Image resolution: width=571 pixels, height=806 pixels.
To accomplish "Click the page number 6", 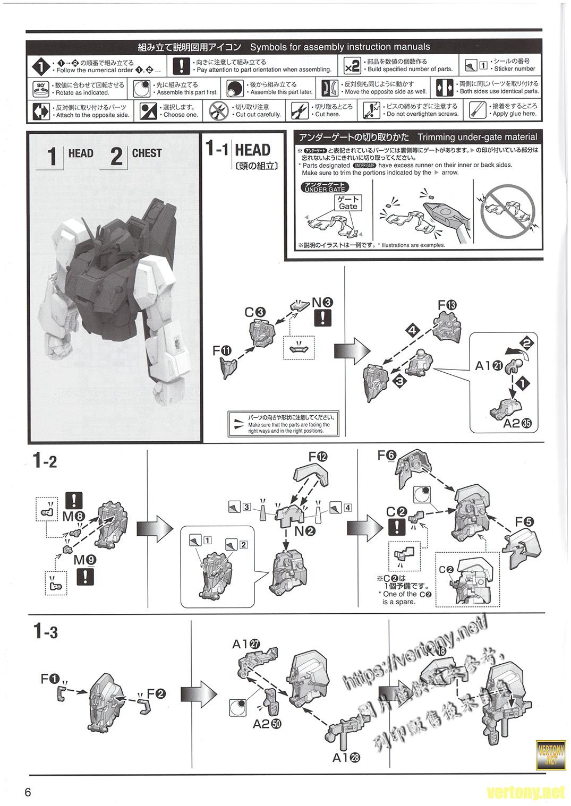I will pyautogui.click(x=28, y=792).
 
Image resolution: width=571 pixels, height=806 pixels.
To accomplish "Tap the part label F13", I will pyautogui.click(x=447, y=305).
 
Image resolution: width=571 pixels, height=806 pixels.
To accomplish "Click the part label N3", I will pyautogui.click(x=322, y=303).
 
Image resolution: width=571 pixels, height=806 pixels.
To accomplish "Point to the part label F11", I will pyautogui.click(x=221, y=350).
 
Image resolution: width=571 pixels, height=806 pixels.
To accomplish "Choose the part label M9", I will pyautogui.click(x=85, y=559).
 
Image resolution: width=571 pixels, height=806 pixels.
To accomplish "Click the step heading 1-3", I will pyautogui.click(x=45, y=632).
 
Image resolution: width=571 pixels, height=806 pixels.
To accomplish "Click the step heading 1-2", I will pyautogui.click(x=45, y=461).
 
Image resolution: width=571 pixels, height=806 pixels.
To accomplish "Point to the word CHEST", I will pyautogui.click(x=147, y=153).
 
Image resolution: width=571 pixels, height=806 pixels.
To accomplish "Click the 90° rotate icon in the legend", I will pyautogui.click(x=41, y=88).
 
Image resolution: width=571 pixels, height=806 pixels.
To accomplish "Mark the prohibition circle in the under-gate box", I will pyautogui.click(x=507, y=210).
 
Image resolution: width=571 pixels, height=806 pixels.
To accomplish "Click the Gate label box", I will pyautogui.click(x=348, y=203).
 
